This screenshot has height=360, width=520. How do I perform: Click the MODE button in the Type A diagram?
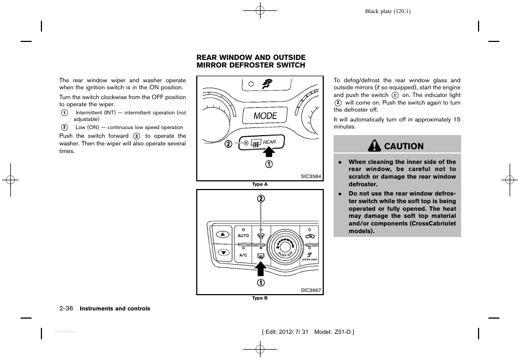265,116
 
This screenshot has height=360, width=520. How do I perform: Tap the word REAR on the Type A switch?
270,142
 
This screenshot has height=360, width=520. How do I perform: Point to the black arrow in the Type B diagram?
261,268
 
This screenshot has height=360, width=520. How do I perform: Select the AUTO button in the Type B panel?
243,236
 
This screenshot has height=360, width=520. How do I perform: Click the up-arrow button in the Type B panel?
223,235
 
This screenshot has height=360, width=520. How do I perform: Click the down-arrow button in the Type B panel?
223,253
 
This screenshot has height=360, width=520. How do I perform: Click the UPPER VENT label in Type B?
310,260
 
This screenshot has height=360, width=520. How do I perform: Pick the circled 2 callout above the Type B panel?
261,199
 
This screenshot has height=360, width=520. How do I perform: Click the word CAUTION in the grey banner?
403,146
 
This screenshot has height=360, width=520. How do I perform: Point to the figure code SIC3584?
311,176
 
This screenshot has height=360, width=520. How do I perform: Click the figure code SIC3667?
311,290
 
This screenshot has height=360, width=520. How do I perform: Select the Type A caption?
259,185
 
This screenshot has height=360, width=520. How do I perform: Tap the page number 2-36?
67,309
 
